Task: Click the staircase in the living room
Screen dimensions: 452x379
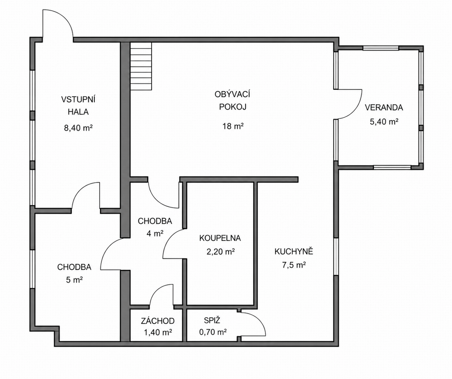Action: (x=141, y=66)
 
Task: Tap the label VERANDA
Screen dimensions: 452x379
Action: (x=384, y=108)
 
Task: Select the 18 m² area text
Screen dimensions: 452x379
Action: (x=233, y=126)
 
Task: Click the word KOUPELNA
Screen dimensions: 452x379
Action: (x=220, y=238)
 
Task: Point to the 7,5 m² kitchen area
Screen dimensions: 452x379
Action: (x=294, y=265)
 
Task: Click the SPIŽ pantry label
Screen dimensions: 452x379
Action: (x=212, y=320)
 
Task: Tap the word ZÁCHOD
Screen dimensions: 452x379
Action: (x=158, y=321)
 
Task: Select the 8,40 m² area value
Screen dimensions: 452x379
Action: (x=78, y=128)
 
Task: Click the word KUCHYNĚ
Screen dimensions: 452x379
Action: (x=294, y=251)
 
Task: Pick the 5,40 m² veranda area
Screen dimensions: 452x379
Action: (x=384, y=122)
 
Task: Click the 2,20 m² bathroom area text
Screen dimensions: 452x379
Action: (x=221, y=252)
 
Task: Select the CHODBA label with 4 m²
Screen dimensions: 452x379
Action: (x=155, y=221)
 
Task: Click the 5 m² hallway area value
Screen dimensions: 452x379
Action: (x=75, y=280)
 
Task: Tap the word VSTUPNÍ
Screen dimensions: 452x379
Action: (x=78, y=99)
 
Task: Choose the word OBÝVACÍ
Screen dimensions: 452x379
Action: (x=232, y=94)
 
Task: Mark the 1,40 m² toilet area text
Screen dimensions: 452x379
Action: (x=158, y=333)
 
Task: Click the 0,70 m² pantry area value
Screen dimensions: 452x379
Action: (x=213, y=332)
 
